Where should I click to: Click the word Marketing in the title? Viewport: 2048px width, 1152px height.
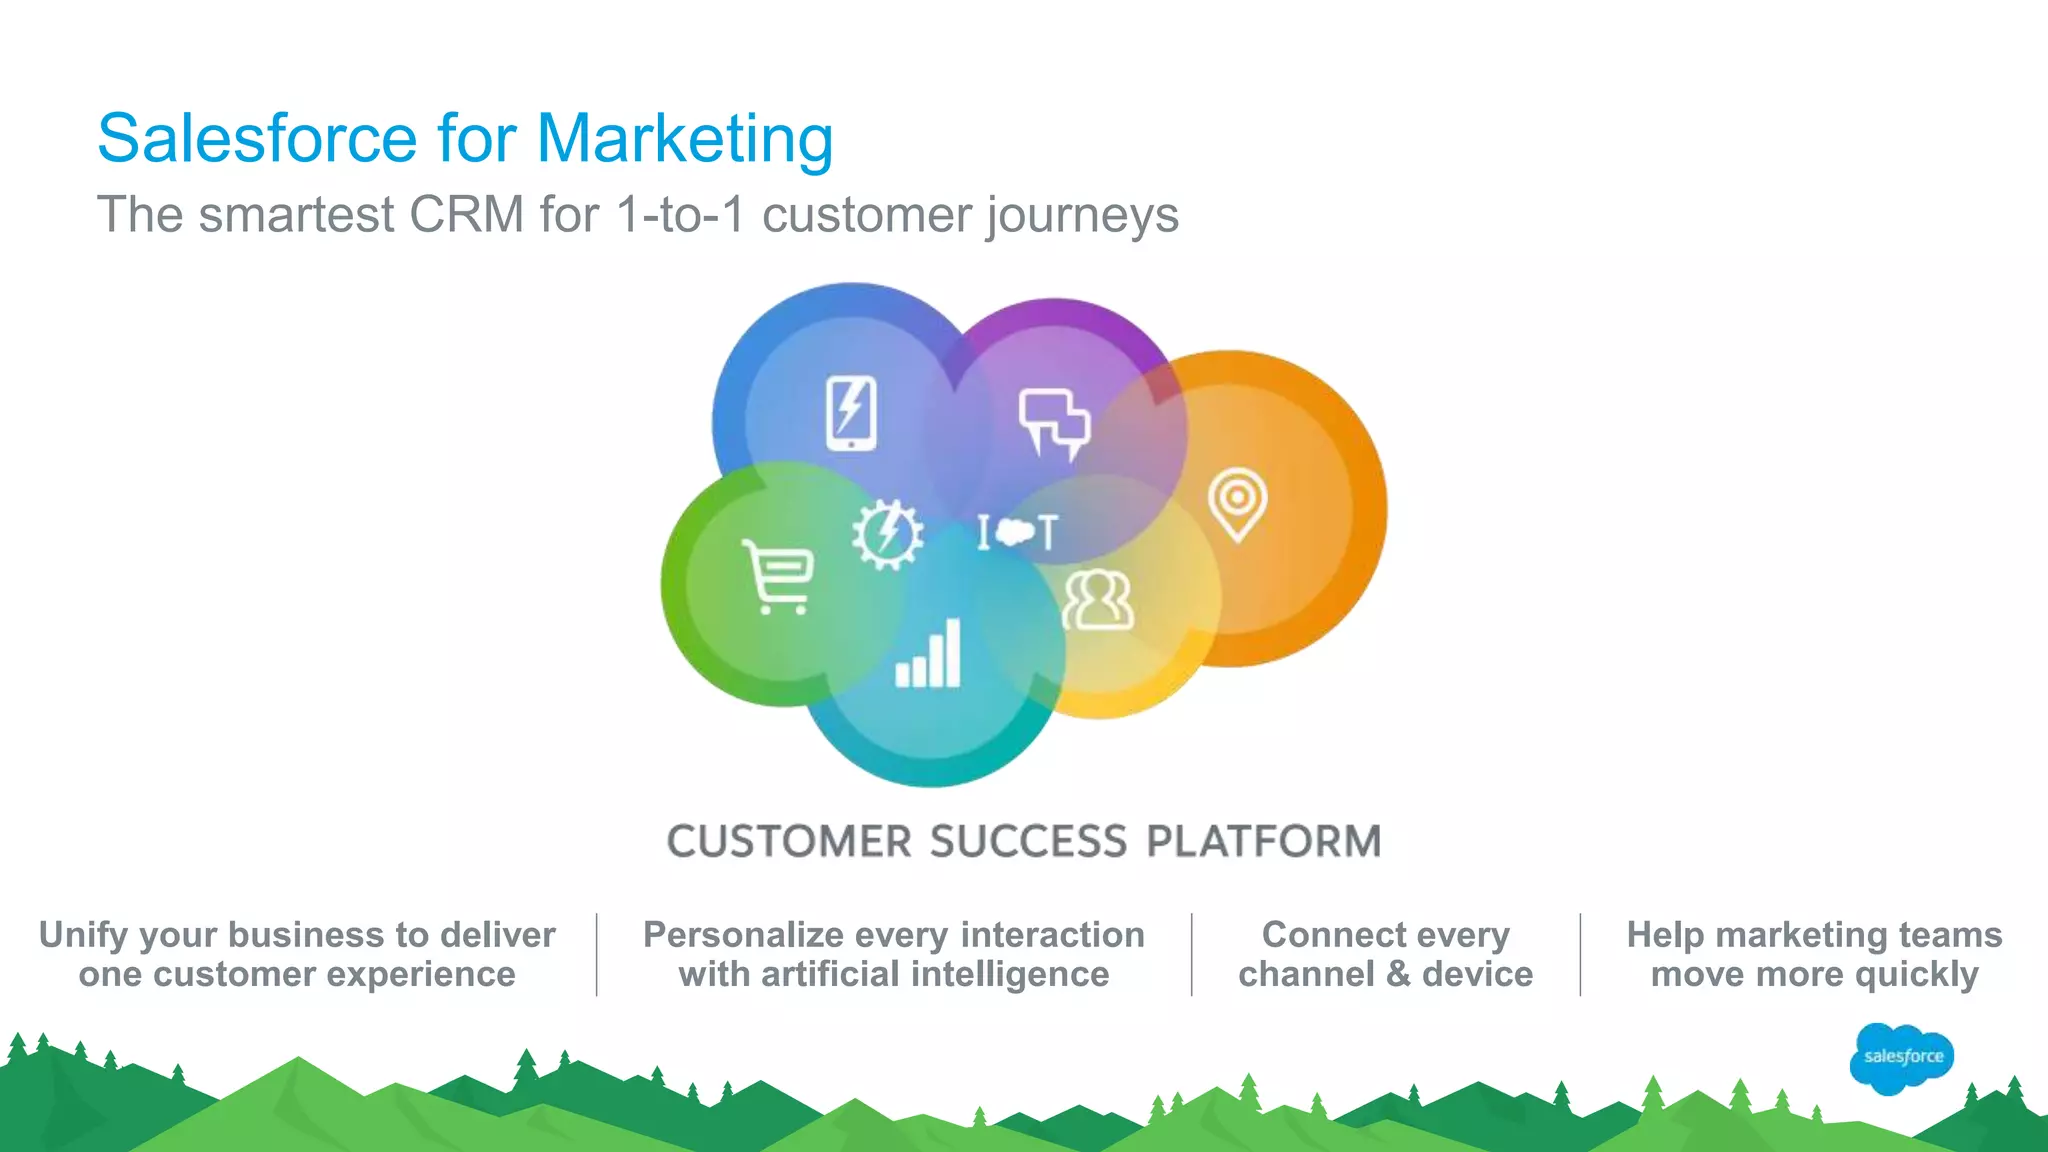click(685, 138)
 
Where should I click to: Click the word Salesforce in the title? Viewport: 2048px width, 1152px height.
click(257, 138)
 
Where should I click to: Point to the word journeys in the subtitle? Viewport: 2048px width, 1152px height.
click(1082, 216)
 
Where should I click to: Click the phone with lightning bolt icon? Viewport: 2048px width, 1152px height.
click(851, 413)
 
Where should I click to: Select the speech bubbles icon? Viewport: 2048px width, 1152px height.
click(1054, 423)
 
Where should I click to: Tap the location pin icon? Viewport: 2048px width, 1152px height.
click(1237, 503)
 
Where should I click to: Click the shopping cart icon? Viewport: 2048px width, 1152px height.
click(778, 577)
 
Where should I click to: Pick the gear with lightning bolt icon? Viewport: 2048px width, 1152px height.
click(887, 534)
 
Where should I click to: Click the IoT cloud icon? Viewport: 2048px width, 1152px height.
click(1017, 532)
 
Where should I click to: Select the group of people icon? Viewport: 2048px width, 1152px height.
click(1098, 600)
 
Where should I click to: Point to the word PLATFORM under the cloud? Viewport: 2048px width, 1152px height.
click(1263, 841)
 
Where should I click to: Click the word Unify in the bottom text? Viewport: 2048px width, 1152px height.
click(84, 935)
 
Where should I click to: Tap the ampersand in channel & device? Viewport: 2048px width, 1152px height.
click(1398, 974)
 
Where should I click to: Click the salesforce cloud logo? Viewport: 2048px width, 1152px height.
click(1902, 1057)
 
